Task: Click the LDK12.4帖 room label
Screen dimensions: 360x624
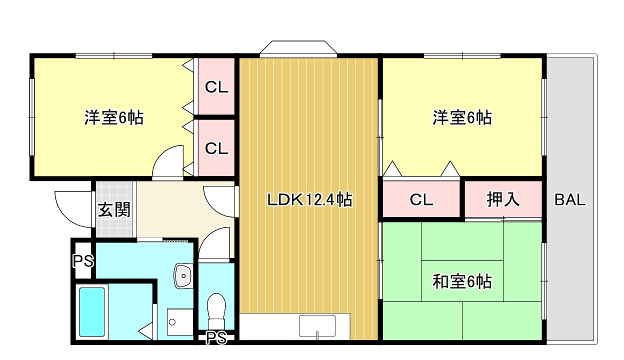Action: click(x=309, y=200)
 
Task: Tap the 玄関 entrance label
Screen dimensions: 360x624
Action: click(x=113, y=209)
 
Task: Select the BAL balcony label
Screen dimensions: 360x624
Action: click(x=569, y=200)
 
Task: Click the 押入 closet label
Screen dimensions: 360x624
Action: click(x=503, y=199)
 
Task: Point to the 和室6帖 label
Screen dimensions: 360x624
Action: click(x=462, y=281)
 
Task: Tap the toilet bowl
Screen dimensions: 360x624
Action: click(x=216, y=307)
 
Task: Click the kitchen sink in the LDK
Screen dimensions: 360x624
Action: click(x=317, y=326)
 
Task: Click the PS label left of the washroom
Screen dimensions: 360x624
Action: click(x=82, y=260)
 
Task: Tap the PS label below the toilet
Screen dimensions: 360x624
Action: click(x=216, y=338)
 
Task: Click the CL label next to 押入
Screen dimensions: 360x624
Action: click(x=421, y=199)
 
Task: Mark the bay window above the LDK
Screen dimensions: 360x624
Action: click(x=298, y=48)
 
